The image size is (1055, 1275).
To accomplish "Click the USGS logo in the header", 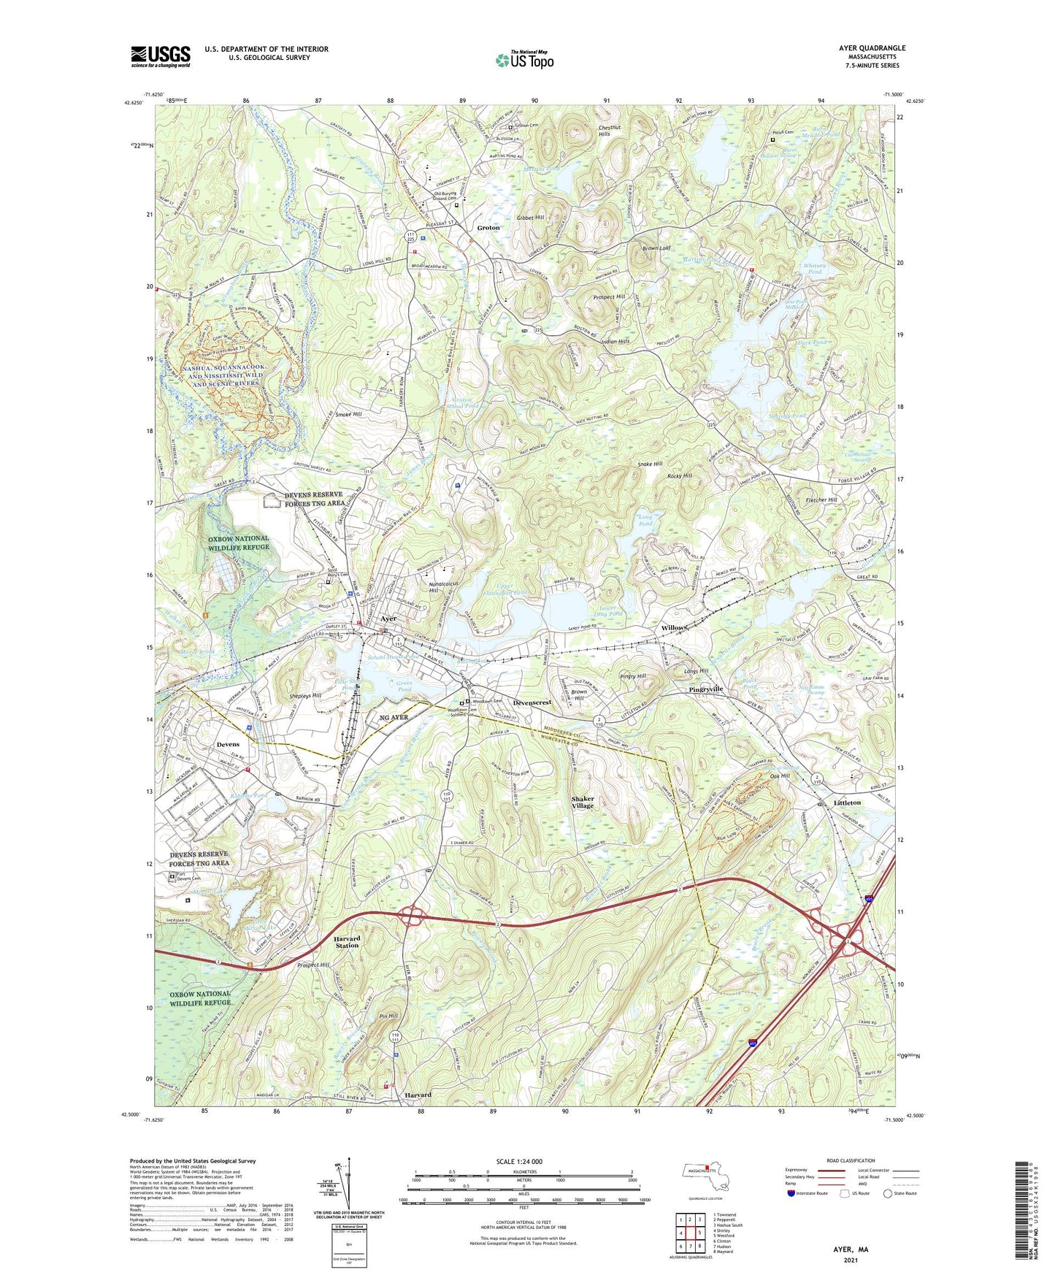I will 161,56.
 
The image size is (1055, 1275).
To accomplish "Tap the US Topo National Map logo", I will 523,60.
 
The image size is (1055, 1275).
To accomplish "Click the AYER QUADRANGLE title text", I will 872,48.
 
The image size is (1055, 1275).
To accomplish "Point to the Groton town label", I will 488,228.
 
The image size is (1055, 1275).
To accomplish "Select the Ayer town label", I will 388,619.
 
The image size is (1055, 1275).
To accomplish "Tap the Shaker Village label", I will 583,803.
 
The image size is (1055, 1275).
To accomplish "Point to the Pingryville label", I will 705,689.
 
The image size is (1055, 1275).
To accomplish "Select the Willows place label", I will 675,628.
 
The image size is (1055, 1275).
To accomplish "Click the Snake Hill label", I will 650,464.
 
